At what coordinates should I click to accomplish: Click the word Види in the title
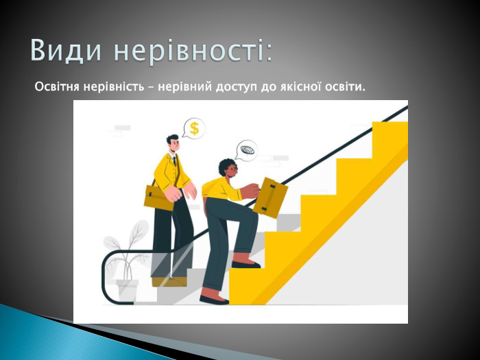[66, 51]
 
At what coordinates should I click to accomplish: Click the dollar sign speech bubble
[195, 128]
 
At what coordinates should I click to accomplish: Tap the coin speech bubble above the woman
[245, 150]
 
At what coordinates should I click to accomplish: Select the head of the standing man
[171, 143]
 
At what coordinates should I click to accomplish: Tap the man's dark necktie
[176, 168]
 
